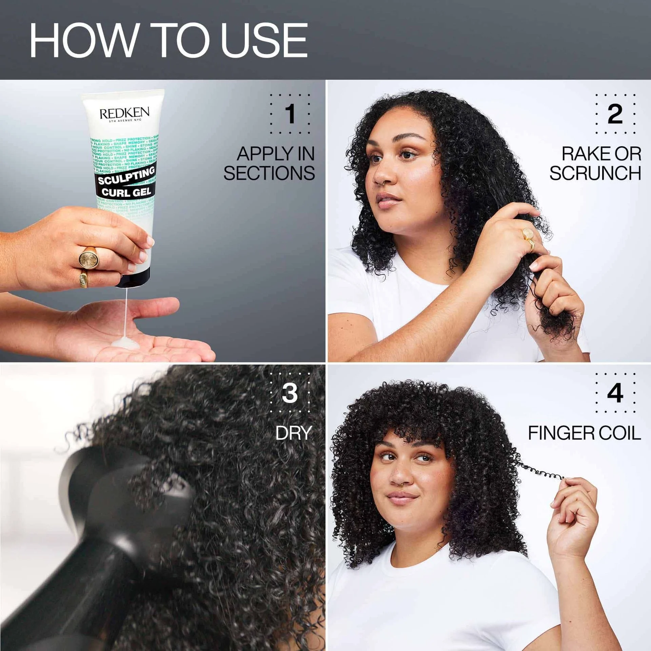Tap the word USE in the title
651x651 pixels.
coord(264,41)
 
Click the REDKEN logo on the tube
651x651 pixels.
coord(124,114)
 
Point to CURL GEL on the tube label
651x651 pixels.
coord(126,192)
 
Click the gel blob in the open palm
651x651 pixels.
coord(125,343)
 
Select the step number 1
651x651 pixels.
coord(290,114)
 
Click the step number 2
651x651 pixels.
coord(615,114)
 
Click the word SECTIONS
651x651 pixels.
coord(269,173)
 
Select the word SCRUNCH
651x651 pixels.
coord(595,173)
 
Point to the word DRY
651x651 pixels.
coord(294,433)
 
